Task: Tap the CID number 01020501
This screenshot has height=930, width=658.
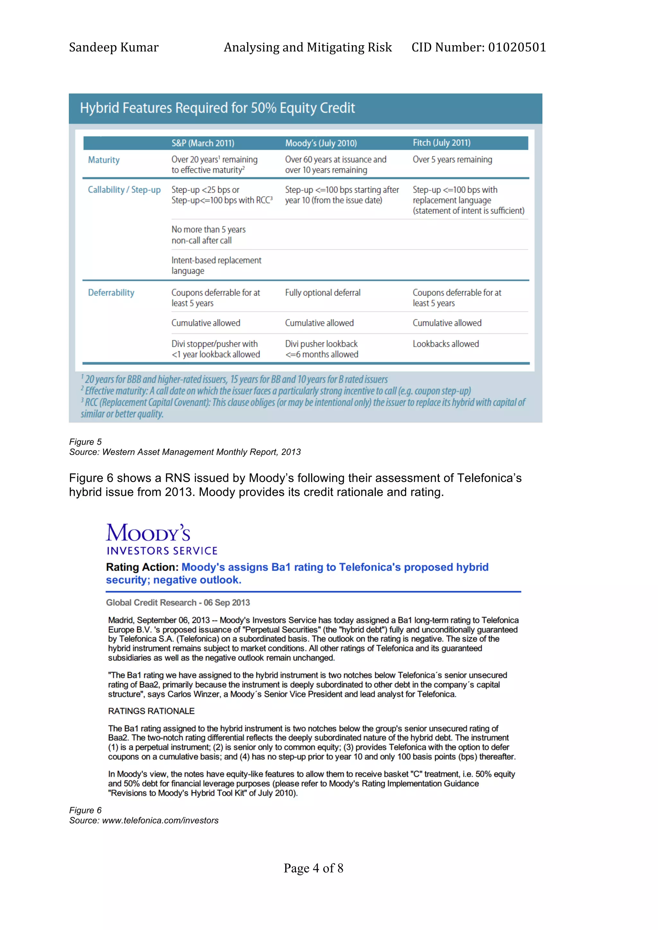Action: pyautogui.click(x=517, y=47)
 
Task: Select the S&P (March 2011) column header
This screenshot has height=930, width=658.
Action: pyautogui.click(x=203, y=143)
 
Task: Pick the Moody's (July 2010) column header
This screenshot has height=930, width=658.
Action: pyautogui.click(x=321, y=143)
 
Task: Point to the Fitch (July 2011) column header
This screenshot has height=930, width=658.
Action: pyautogui.click(x=441, y=142)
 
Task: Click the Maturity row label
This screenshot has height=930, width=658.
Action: pyautogui.click(x=104, y=160)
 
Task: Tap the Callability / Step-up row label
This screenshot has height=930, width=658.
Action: pyautogui.click(x=124, y=190)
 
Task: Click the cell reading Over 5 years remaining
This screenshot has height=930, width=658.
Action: pyautogui.click(x=452, y=159)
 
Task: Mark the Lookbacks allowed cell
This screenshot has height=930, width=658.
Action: pyautogui.click(x=446, y=344)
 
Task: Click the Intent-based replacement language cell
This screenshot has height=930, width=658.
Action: pyautogui.click(x=216, y=265)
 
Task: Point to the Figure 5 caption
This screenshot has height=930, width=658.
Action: pyautogui.click(x=85, y=442)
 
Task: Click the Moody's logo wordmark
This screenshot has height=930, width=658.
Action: pyautogui.click(x=148, y=533)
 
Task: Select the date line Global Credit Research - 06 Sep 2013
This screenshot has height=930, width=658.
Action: pyautogui.click(x=178, y=603)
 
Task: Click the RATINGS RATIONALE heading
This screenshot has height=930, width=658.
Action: pyautogui.click(x=151, y=711)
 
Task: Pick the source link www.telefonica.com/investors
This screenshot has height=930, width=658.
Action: pyautogui.click(x=160, y=820)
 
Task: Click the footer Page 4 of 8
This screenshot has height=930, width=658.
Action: pyautogui.click(x=313, y=868)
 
